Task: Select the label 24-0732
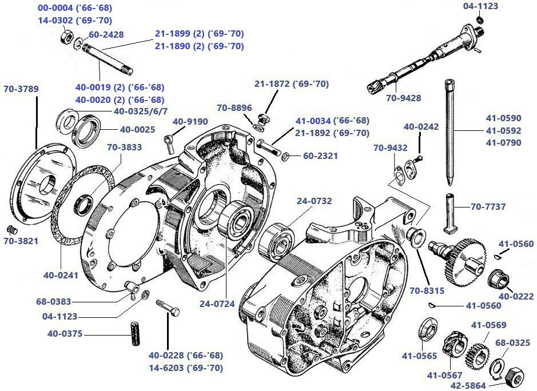(x=313, y=201)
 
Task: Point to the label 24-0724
(x=217, y=304)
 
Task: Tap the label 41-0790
(x=503, y=142)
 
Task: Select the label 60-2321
(x=320, y=155)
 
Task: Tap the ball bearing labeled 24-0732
(x=278, y=242)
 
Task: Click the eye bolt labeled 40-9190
(x=169, y=139)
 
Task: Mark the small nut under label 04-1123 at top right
(x=480, y=21)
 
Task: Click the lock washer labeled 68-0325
(x=495, y=366)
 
